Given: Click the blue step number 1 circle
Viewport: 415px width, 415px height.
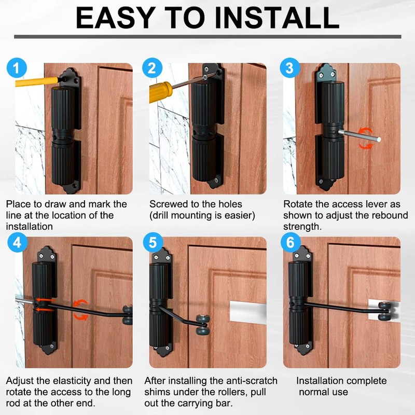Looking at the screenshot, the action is point(17,68).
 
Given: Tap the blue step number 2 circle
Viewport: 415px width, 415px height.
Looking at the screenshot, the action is point(152,68).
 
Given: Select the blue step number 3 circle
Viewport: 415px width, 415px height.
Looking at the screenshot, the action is point(290,68).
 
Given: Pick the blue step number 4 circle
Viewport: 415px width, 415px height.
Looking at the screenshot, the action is point(18,242).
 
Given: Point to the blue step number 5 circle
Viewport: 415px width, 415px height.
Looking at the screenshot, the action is point(153,242).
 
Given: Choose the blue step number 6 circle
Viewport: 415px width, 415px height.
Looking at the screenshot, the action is point(290,242).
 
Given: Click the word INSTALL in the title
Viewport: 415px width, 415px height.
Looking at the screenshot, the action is point(277,18).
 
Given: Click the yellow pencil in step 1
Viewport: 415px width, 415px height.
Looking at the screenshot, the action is point(37,81).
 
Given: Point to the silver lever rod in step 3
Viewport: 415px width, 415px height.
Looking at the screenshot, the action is point(359,135).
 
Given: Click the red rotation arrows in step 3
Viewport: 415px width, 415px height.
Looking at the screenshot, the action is point(366,138).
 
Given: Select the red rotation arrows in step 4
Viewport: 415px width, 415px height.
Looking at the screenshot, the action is point(80,310).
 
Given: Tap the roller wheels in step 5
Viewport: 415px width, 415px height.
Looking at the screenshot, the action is point(203,325).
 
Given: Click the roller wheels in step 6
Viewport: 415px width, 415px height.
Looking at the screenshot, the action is point(385,311).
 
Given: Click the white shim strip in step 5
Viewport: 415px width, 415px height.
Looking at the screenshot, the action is point(248,312).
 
